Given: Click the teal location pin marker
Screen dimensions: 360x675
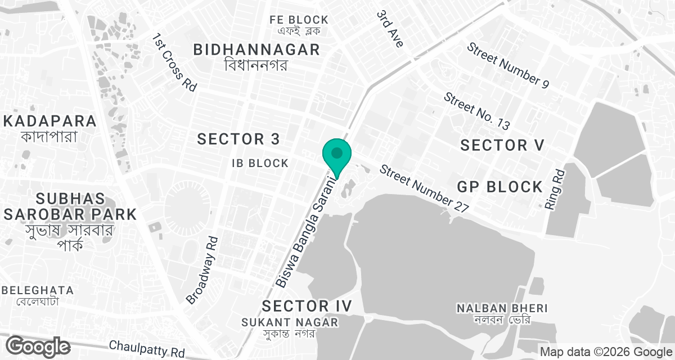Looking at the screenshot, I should pos(337,155).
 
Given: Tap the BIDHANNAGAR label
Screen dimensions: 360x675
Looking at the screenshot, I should pos(256,49).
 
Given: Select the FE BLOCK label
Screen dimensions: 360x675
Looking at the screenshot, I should pos(299,20).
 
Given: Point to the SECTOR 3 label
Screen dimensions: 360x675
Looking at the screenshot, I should pos(238,139).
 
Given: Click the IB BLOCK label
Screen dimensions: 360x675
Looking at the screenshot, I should pos(260,164).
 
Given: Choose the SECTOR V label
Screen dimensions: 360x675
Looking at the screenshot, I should pos(502,145).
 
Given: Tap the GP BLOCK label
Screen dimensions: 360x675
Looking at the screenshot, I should pos(499,187).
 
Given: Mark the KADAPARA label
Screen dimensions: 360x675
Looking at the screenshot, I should pos(49,121).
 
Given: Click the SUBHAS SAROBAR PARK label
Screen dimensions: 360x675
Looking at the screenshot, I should pos(70,206).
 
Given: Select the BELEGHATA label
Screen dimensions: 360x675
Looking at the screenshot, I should pos(38,290).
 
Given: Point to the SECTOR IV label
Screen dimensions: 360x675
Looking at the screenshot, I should pos(307,306).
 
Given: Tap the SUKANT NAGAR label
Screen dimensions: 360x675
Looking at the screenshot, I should pos(290,322).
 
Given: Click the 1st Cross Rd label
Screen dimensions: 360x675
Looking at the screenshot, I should pos(174,62).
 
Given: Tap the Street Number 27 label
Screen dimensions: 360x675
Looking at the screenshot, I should pos(424,188).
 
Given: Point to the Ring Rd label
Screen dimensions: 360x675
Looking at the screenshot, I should pos(556,190).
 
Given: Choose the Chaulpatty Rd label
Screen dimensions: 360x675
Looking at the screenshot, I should pos(147,349).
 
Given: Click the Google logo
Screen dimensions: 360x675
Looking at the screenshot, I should pos(38,346).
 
